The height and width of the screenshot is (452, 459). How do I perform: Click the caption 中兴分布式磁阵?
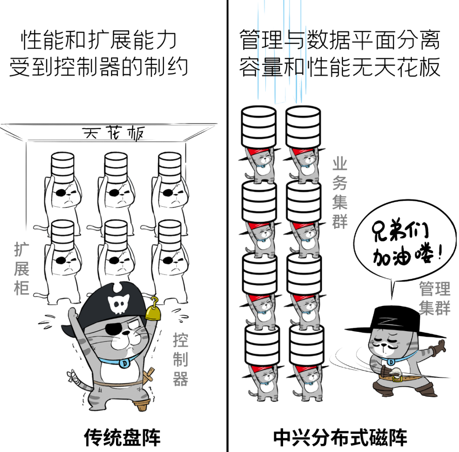click(x=340, y=437)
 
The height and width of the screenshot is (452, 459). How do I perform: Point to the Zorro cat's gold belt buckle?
click(x=397, y=377)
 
